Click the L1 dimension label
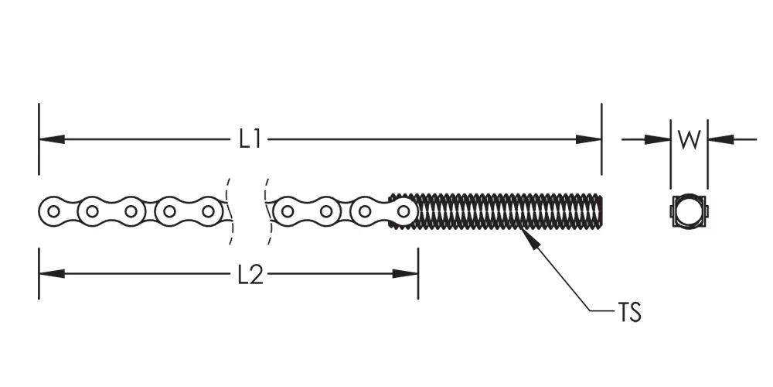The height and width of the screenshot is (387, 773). pos(250,139)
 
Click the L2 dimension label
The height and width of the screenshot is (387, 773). pos(250,275)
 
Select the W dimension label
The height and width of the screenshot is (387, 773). pos(689,139)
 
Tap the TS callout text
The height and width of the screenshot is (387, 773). pos(629,313)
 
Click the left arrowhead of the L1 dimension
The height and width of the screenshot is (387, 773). pos(52,139)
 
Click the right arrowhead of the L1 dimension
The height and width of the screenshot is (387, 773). pos(588,139)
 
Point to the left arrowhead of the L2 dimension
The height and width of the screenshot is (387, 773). pos(52,273)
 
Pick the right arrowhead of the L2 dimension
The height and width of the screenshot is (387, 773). pos(405,273)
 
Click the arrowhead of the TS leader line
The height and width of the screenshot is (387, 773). pos(529,238)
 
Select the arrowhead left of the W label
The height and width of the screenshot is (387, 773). pos(658,139)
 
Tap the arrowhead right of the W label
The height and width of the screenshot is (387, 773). pos(720,139)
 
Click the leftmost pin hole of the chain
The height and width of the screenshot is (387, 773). pos(53,212)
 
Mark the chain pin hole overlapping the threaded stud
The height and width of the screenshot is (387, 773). pos(404,212)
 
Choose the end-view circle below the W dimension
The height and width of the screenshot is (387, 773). pos(688,212)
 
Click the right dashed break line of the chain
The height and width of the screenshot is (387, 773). pos(267,211)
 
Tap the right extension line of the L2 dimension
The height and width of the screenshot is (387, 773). pos(418,273)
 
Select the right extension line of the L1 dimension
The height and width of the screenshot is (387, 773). pos(601,139)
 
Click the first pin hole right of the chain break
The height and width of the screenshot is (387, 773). pos(287,212)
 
